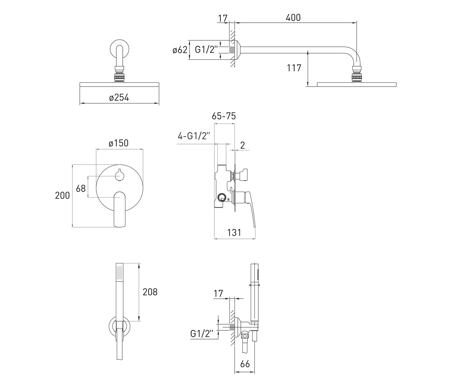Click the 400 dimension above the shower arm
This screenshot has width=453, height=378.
293,18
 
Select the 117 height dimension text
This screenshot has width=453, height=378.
294,68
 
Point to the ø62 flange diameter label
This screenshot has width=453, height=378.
180,50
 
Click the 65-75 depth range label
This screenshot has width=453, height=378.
224,116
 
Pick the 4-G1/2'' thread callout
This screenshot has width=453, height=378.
194,136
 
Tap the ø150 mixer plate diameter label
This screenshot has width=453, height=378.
119,143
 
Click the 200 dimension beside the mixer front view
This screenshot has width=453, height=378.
62,195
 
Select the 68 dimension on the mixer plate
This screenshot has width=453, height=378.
81,189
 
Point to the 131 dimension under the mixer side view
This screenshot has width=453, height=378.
234,233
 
